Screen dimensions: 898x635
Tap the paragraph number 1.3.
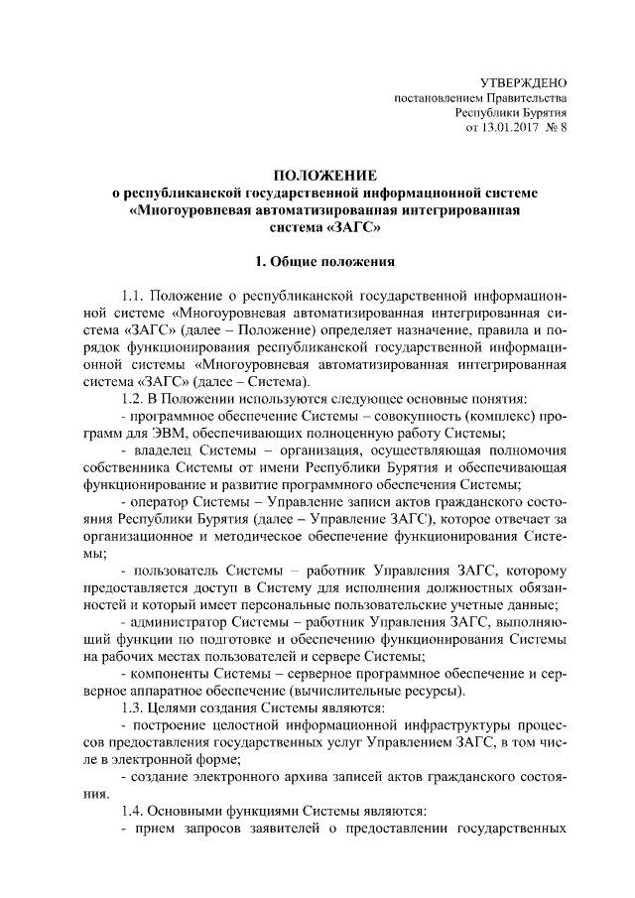(x=133, y=706)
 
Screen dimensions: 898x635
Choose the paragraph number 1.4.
(x=133, y=810)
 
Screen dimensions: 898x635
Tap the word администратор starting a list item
(x=175, y=621)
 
